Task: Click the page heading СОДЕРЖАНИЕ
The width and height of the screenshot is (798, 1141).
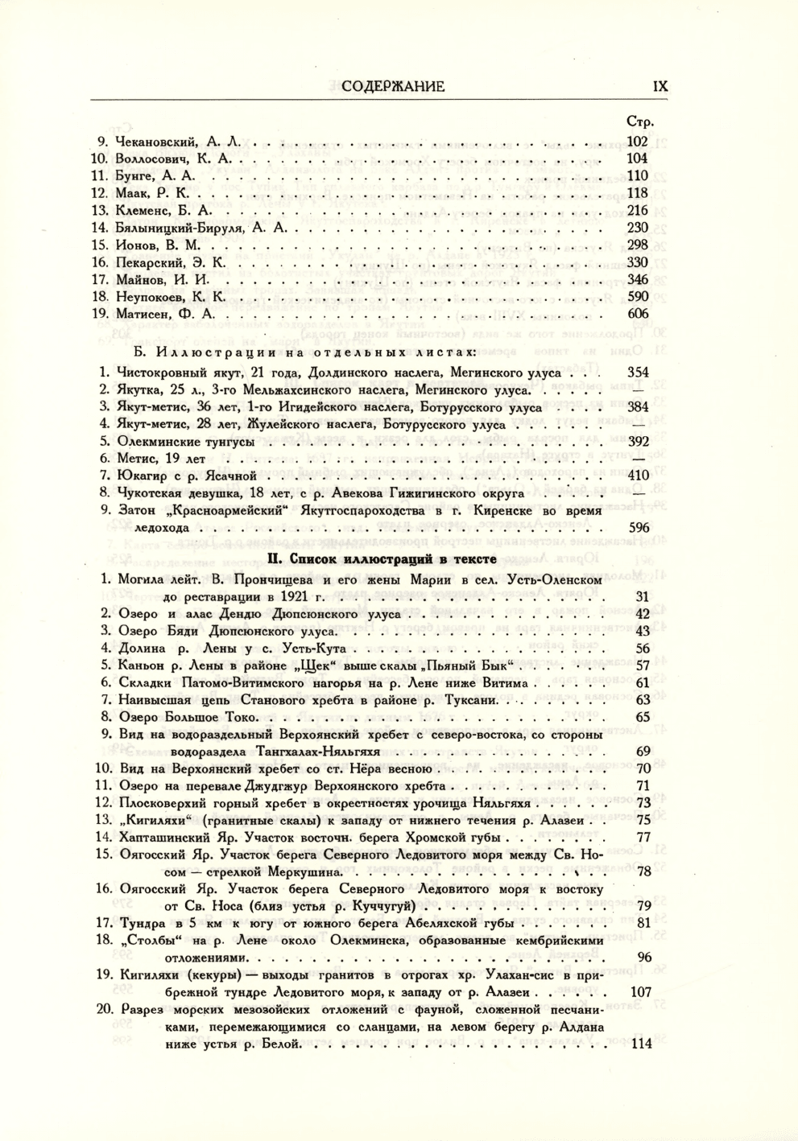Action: [x=393, y=86]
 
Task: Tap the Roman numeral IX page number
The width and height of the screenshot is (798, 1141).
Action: [x=659, y=86]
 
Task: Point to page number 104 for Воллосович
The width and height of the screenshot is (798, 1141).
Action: [x=637, y=159]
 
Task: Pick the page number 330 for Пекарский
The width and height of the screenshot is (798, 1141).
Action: [x=637, y=262]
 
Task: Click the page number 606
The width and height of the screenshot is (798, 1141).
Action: [x=637, y=314]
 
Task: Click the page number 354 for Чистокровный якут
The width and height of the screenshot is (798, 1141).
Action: [x=638, y=373]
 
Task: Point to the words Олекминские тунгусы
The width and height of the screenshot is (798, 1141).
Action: [x=186, y=442]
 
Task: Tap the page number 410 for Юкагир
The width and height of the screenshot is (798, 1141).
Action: [x=638, y=476]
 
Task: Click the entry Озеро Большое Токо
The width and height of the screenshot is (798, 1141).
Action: [x=187, y=717]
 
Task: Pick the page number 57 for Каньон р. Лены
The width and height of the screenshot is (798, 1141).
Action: [x=643, y=665]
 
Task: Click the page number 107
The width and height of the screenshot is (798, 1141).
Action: [x=640, y=992]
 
